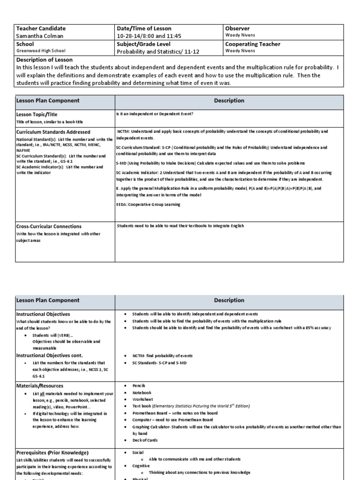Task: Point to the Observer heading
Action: [238, 29]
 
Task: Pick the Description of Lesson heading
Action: [45, 60]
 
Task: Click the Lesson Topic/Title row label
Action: [37, 114]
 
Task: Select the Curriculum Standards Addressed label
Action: [53, 132]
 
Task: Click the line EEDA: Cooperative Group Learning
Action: [148, 204]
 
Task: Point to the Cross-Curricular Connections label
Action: [49, 226]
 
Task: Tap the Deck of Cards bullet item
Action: [146, 440]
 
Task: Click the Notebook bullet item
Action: [142, 392]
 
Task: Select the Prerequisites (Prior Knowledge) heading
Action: [52, 453]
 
